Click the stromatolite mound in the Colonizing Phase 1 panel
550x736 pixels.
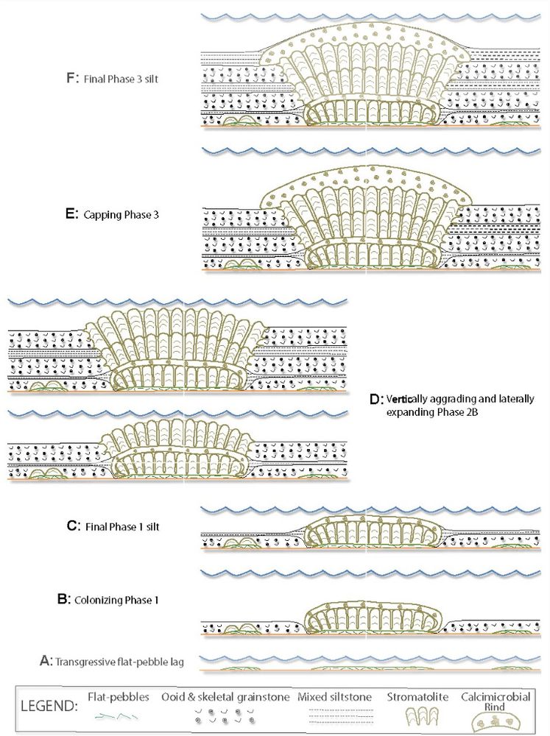click(372, 616)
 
